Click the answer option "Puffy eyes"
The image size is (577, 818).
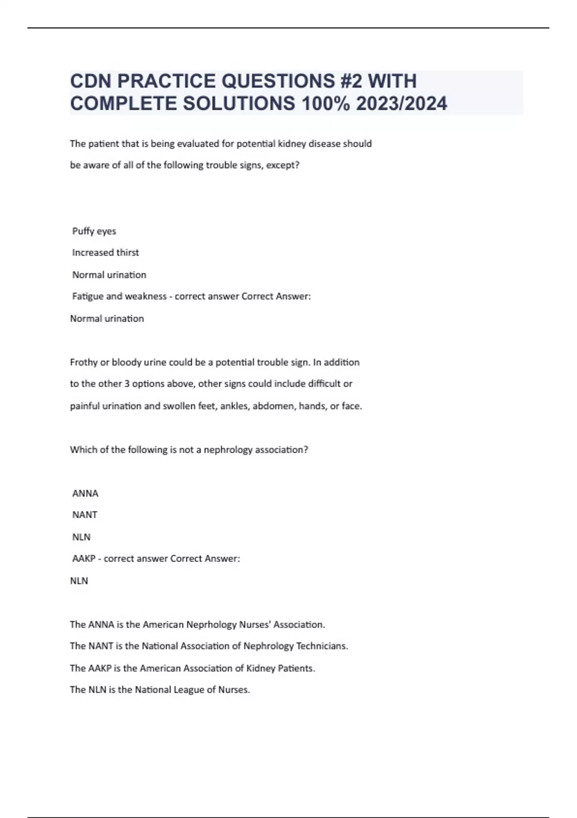tap(94, 231)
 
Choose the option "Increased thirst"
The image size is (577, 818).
tap(105, 253)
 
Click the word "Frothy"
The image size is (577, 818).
tap(84, 362)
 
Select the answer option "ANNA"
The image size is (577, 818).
tap(85, 493)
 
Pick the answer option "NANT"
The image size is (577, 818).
tap(85, 515)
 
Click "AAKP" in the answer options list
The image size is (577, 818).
tap(84, 559)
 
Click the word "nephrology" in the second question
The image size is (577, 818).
tap(228, 450)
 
